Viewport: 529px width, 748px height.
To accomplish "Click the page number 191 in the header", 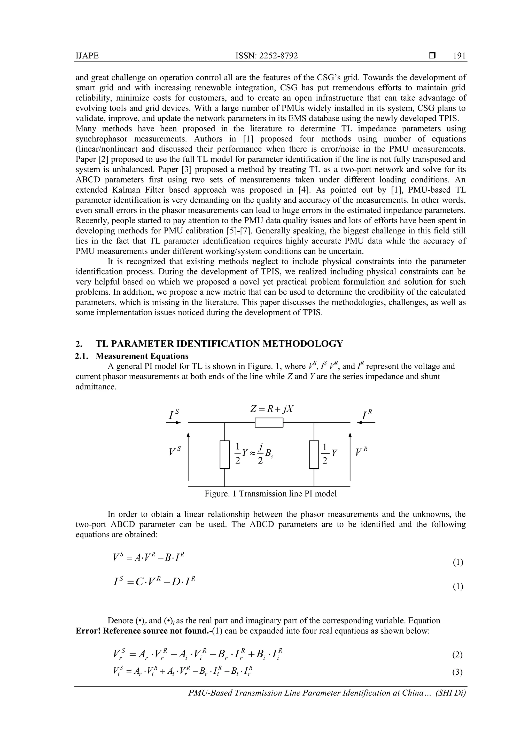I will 459,56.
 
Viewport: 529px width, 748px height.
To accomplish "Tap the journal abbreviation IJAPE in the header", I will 87,56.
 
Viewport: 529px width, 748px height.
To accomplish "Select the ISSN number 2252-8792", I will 278,56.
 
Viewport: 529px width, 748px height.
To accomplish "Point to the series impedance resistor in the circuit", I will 269,423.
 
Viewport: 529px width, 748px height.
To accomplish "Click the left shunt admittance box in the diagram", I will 224,454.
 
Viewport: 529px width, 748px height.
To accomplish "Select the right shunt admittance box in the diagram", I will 314,454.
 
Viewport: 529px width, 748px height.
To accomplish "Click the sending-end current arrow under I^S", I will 173,423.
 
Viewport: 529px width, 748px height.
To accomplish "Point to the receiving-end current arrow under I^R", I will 366,423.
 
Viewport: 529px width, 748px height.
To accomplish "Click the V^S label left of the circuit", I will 175,452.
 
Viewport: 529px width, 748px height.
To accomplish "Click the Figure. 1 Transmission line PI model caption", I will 270,494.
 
